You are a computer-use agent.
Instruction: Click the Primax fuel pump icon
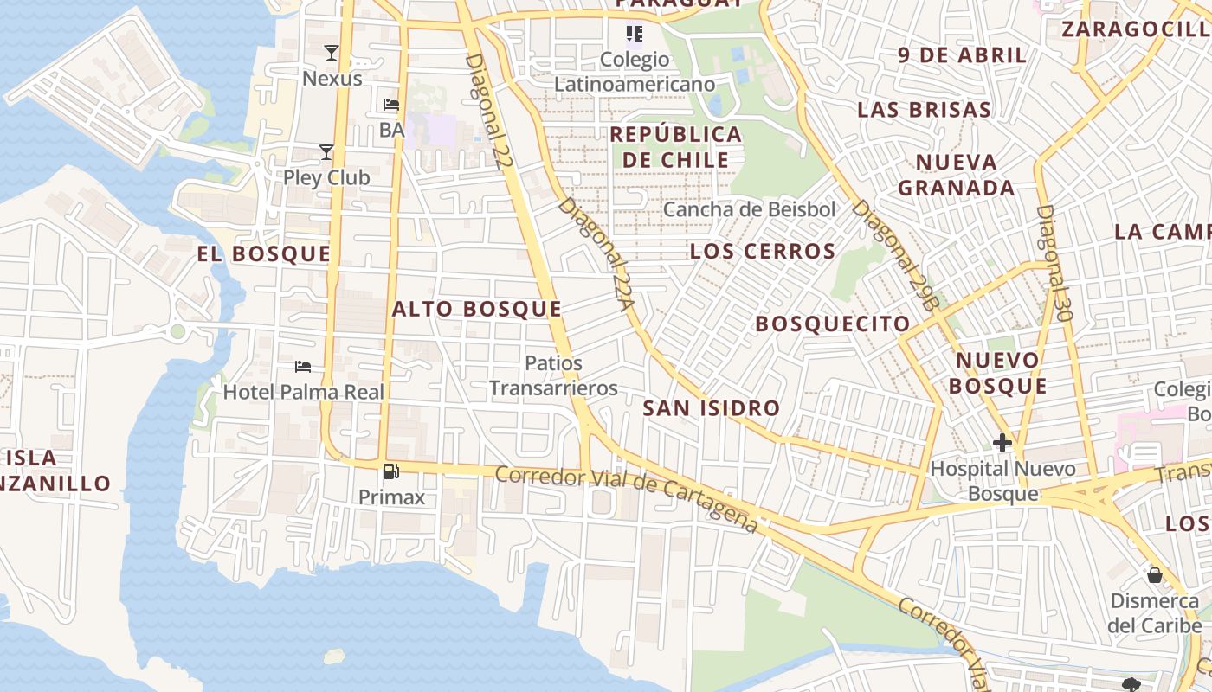click(x=391, y=471)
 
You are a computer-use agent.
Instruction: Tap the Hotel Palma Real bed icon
click(x=303, y=367)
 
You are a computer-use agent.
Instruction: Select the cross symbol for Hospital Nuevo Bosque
click(x=1002, y=443)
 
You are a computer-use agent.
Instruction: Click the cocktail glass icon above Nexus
click(x=332, y=53)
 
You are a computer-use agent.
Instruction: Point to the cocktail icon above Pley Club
click(x=326, y=152)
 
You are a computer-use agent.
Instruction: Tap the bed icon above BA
click(x=391, y=105)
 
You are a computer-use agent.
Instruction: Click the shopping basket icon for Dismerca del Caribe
click(x=1155, y=575)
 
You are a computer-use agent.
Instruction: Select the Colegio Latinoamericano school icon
click(x=635, y=34)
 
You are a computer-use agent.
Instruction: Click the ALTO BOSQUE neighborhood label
click(x=477, y=309)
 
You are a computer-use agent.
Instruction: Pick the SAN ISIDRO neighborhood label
click(x=712, y=408)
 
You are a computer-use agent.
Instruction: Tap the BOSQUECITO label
click(x=833, y=324)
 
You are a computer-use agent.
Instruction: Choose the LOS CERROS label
click(x=763, y=252)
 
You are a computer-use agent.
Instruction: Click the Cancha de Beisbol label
click(x=750, y=209)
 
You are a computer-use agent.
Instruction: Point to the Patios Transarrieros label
click(x=554, y=375)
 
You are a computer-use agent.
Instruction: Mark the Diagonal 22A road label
click(x=597, y=254)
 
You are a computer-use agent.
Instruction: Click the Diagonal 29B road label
click(x=896, y=255)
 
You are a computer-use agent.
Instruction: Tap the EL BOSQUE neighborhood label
click(x=264, y=253)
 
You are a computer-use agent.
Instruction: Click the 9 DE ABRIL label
click(x=963, y=55)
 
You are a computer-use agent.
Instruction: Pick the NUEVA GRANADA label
click(x=957, y=175)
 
